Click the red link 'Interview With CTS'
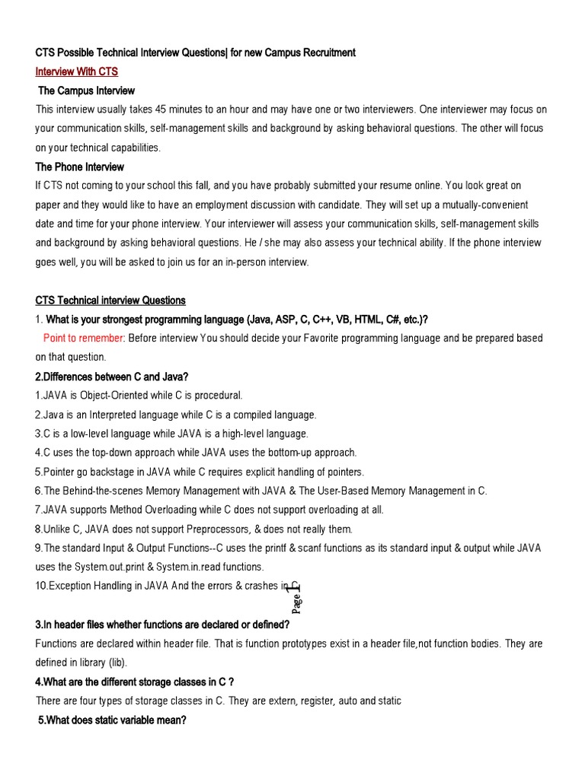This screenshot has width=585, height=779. point(77,72)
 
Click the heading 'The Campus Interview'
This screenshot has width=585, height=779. point(86,91)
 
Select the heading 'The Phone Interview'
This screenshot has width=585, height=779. point(80,167)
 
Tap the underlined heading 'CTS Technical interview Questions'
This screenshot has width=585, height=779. point(110,300)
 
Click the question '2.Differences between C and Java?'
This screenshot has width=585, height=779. point(111,377)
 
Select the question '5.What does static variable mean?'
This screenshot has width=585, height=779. point(112,720)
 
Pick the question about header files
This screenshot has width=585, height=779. point(162,625)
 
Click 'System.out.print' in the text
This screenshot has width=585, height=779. point(111,567)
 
